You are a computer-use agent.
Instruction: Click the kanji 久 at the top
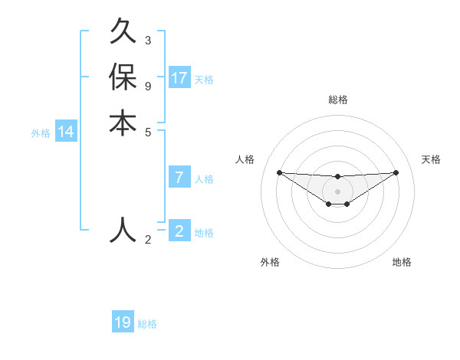[x=123, y=34]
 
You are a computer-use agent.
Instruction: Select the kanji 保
[x=123, y=77]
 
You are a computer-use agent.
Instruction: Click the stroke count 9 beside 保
[x=147, y=86]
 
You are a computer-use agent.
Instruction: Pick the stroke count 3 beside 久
[x=147, y=40]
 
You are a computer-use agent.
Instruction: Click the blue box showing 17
[x=179, y=77]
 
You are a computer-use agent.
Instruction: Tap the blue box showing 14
[x=66, y=132]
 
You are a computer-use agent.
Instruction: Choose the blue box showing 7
[x=179, y=178]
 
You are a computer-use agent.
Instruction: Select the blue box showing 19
[x=123, y=322]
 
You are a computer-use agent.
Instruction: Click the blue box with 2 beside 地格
[x=179, y=231]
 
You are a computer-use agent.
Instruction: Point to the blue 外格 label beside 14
[x=41, y=133]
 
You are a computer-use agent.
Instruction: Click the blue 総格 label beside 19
[x=148, y=324]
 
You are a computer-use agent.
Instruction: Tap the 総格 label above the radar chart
[x=337, y=100]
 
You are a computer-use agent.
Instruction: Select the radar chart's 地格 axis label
[x=402, y=263]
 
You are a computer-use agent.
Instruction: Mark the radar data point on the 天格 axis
[x=396, y=172]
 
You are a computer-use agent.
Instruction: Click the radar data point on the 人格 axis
[x=279, y=172]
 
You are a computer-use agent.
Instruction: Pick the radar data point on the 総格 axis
[x=337, y=178]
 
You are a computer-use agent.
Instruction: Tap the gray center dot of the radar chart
[x=337, y=191]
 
